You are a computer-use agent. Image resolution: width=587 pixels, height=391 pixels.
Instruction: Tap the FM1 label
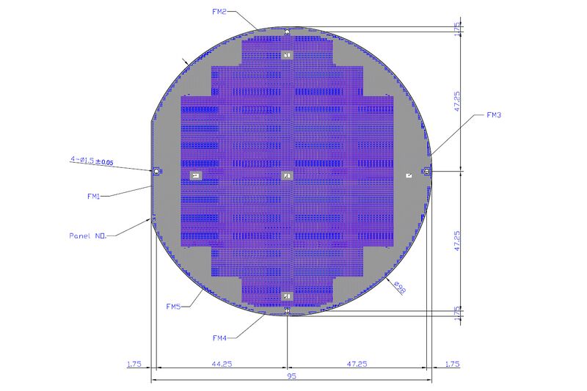92,196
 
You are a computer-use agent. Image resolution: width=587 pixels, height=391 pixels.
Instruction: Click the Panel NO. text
89,236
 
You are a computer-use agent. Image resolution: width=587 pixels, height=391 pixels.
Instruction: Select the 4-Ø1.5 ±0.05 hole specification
91,160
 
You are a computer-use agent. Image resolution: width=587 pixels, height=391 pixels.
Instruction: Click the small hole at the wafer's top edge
288,32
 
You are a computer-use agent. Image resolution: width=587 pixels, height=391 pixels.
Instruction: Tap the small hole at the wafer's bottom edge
288,311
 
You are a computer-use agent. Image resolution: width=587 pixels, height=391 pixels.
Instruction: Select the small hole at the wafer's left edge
156,171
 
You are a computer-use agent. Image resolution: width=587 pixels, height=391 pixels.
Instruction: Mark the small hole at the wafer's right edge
426,171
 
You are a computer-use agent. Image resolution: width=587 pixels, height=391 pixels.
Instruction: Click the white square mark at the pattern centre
288,175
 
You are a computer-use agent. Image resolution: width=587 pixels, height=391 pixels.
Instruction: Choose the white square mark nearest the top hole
288,55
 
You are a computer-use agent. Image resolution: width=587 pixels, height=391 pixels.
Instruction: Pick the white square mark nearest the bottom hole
288,296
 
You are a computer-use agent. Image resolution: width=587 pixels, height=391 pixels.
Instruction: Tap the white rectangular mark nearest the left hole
195,175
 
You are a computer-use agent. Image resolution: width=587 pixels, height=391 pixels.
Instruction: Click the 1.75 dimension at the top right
457,27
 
